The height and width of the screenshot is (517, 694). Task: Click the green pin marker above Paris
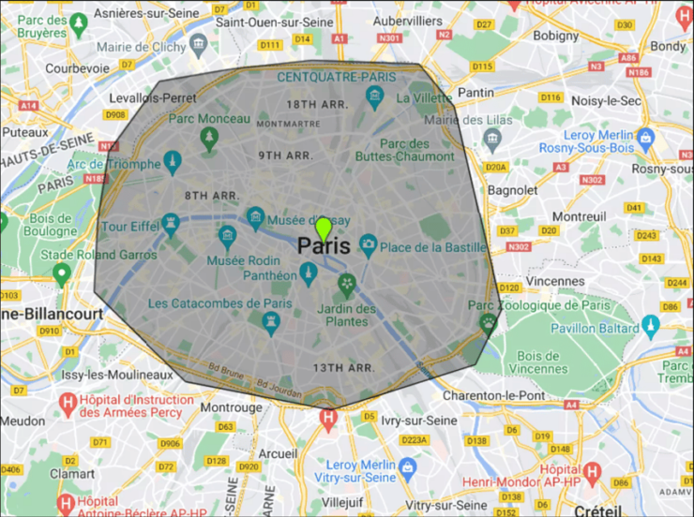324,228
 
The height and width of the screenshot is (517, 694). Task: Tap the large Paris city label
324,246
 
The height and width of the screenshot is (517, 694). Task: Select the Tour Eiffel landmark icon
170,223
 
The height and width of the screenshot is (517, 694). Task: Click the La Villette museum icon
375,95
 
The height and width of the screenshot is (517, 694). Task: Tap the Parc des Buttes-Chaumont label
418,150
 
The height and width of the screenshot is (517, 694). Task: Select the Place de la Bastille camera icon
368,245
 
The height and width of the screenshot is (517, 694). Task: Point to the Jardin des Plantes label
346,315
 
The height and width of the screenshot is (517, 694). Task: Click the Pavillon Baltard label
593,328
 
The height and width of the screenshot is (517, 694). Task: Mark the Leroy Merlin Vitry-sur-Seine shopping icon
407,465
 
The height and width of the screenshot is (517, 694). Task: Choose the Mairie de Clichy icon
198,43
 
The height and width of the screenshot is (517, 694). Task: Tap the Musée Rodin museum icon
226,235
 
